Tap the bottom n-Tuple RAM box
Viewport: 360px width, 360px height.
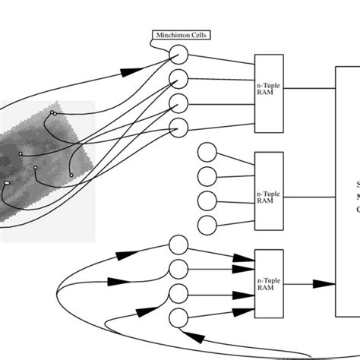coord(268,283)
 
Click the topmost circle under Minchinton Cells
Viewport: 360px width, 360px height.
coord(178,54)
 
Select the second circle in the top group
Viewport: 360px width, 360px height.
coord(178,77)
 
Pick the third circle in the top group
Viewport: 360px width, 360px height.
coord(178,102)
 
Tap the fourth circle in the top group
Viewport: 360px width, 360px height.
coord(178,126)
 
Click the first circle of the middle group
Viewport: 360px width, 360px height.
coord(207,152)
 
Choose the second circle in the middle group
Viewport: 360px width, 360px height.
coord(207,176)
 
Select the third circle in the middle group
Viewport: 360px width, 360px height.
coord(207,201)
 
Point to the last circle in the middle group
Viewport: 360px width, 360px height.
coord(207,225)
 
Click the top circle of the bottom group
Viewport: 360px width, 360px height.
coord(178,245)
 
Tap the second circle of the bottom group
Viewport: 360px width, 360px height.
coord(178,269)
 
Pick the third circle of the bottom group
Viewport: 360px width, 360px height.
coord(178,293)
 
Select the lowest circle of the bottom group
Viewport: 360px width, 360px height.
coord(178,317)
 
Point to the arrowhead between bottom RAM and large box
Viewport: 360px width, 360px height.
coord(323,283)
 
